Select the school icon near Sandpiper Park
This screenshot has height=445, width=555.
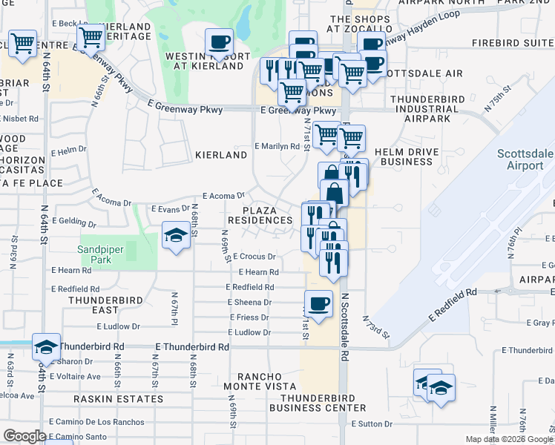pos(175,237)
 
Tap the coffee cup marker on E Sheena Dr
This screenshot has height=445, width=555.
pos(319,304)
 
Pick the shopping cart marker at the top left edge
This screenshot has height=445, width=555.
pos(23,44)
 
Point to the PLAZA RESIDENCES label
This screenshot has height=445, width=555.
pos(260,215)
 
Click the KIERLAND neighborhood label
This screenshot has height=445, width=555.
pos(220,156)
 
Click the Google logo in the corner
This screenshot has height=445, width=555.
pos(24,437)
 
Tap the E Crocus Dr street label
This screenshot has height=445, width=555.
pos(255,257)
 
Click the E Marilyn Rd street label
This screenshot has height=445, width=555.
pos(277,147)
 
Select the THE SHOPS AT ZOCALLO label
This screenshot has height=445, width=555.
pos(360,24)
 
